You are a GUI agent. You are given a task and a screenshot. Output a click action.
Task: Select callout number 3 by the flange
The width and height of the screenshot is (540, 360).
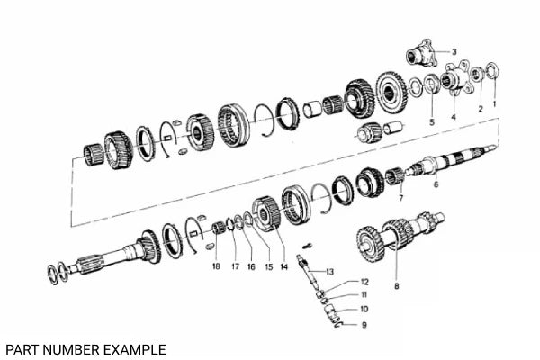tap(454, 51)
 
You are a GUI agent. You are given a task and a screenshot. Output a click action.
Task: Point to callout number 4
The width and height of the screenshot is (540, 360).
tap(454, 117)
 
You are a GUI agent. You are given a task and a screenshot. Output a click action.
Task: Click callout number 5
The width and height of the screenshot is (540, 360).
tap(431, 121)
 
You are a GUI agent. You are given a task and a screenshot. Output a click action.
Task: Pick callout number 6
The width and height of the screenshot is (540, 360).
tap(436, 185)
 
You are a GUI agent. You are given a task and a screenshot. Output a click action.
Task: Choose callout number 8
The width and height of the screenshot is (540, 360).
tap(396, 286)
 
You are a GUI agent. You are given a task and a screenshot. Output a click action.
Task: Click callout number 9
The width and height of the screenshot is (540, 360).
tap(364, 325)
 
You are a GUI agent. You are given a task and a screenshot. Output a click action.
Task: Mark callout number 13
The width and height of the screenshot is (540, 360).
tap(330, 271)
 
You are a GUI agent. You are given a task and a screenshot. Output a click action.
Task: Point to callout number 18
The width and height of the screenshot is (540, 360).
tap(216, 267)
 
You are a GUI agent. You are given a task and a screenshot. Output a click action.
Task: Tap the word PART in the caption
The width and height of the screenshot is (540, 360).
tap(20, 349)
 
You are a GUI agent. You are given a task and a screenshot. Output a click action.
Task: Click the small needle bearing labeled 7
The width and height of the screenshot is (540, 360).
tap(393, 175)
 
